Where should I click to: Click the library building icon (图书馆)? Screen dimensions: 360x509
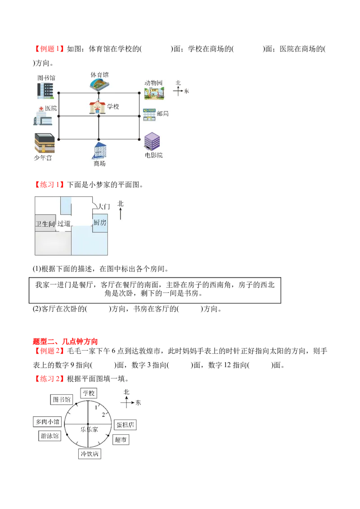[45, 90]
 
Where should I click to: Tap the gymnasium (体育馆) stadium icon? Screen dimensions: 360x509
[99, 84]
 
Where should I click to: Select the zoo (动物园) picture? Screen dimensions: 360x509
[154, 93]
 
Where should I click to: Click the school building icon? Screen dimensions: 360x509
[97, 107]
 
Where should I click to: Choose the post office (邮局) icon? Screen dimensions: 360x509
[149, 115]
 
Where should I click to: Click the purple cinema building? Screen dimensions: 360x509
[152, 141]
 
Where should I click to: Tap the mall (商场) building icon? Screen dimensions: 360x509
[99, 151]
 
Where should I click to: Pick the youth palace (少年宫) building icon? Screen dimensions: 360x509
[45, 143]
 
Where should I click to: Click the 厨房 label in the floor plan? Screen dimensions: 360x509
[100, 223]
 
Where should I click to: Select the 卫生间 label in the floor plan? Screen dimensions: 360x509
[45, 223]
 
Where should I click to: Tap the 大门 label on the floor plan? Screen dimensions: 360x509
[104, 206]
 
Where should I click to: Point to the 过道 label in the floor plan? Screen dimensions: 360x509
[64, 223]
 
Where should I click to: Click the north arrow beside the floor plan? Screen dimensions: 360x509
[121, 214]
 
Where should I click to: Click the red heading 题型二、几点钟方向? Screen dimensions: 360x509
[65, 341]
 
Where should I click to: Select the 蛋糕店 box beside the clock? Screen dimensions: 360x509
[125, 425]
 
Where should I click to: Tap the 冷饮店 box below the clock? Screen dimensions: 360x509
[90, 454]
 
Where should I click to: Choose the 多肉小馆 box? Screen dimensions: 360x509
[47, 422]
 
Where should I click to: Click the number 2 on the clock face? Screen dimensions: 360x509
[103, 415]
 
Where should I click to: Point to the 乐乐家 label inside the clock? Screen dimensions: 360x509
[89, 429]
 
